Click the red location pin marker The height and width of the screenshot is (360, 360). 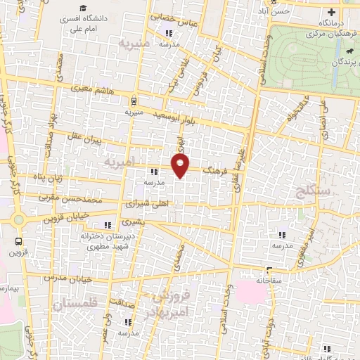tap(181, 166)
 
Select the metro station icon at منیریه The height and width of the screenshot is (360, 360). tap(134, 100)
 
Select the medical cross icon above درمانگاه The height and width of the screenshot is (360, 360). tap(331, 13)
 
